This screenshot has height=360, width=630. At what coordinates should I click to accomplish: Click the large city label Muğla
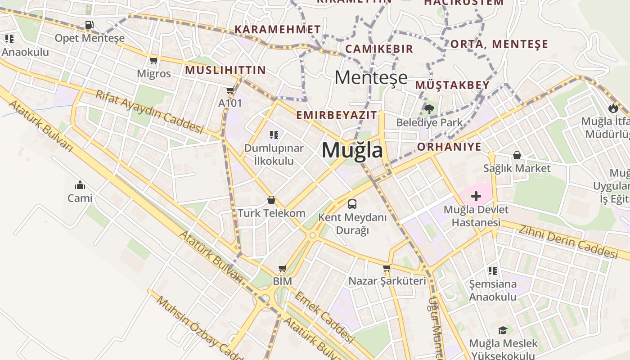point(352,150)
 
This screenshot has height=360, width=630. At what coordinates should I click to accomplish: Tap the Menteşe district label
point(371,78)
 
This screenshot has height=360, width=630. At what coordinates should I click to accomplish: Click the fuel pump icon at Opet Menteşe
point(89,25)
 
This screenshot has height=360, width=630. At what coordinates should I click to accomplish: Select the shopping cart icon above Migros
point(153,60)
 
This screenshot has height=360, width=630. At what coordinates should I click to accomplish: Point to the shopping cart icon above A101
point(230,90)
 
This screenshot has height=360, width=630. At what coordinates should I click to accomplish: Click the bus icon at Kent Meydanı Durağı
point(352,204)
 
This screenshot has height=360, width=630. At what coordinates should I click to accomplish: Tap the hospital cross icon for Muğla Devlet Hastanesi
point(476,196)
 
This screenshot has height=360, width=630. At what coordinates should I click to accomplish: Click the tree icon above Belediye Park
point(429,109)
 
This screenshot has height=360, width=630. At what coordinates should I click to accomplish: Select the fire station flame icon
point(612,108)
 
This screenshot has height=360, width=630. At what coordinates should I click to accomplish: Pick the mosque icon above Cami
point(80,185)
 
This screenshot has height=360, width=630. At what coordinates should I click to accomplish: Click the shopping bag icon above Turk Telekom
point(271,200)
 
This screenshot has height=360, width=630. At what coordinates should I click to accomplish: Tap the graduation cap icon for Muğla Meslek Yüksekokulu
point(503,331)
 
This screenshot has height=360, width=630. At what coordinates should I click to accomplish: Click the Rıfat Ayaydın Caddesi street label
point(149,112)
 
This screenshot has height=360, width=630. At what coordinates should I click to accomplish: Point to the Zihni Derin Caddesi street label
point(568,242)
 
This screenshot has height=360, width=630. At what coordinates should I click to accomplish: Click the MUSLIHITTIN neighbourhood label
point(225,70)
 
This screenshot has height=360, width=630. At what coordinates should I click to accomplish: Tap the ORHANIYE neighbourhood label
point(449,147)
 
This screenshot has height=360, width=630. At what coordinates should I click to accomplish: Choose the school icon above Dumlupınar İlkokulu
point(274,135)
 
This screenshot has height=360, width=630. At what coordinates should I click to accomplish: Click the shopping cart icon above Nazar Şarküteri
point(387,268)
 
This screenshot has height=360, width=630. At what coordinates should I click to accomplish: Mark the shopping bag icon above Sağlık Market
point(517,155)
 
